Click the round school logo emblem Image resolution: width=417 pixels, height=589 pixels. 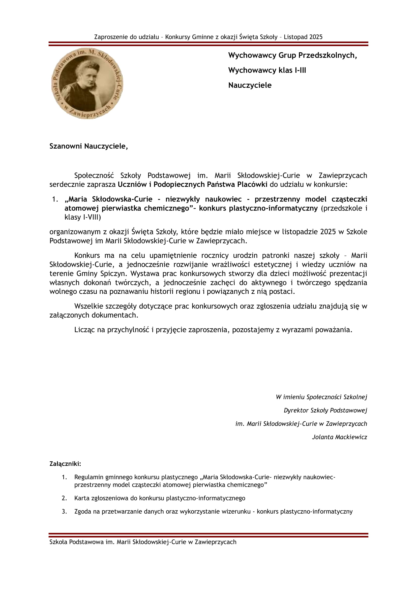click(x=87, y=84)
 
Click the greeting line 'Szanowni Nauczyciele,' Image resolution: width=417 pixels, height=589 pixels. click(x=88, y=146)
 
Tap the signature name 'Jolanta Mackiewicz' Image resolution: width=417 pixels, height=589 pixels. click(x=339, y=437)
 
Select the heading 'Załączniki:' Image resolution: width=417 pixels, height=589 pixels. click(x=65, y=464)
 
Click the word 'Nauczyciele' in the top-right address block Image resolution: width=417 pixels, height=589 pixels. click(x=250, y=85)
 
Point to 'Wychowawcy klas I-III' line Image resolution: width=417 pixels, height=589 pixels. click(x=267, y=70)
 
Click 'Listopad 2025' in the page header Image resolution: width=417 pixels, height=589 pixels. click(x=303, y=37)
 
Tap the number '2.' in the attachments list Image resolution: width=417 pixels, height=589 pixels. click(x=64, y=498)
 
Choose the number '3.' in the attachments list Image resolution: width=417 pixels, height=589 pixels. click(x=64, y=511)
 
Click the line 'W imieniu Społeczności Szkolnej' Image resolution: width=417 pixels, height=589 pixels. click(x=321, y=397)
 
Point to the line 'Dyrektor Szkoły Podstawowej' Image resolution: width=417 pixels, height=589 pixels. click(x=325, y=410)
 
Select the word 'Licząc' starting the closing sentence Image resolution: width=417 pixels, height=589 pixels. click(x=84, y=330)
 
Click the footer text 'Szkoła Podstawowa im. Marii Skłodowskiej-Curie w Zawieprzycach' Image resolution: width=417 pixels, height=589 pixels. click(x=143, y=542)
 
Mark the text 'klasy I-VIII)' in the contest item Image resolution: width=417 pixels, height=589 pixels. click(x=83, y=217)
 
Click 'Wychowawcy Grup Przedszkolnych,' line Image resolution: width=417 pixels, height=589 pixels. click(x=292, y=55)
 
